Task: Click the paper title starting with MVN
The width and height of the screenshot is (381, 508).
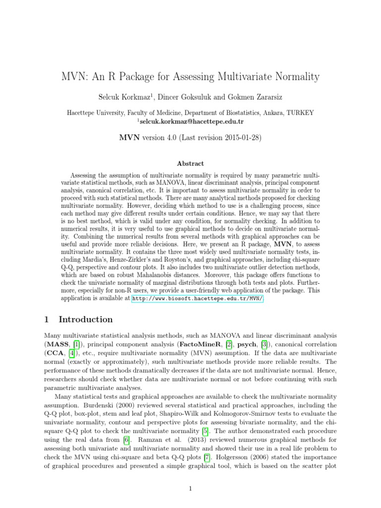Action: [x=190, y=77]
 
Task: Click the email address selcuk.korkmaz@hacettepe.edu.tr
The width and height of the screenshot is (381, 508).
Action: [x=191, y=121]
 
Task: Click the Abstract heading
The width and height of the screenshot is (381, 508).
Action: [x=190, y=163]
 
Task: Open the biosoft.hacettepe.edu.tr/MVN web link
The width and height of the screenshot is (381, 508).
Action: [x=197, y=299]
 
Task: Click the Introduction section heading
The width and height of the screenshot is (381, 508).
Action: [x=85, y=319]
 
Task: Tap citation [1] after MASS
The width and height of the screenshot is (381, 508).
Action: [x=76, y=344]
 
